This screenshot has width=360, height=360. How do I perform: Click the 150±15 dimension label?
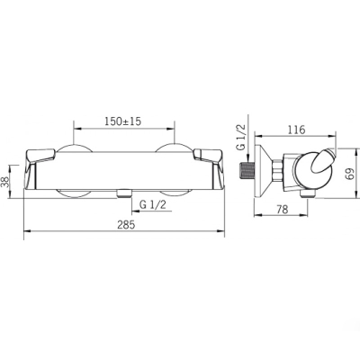coord(122,121)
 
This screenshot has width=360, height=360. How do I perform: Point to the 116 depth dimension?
coord(296,130)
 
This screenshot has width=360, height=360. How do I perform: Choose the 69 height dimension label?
coord(350,173)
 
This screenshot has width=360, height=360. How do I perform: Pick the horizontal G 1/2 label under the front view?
coord(153,205)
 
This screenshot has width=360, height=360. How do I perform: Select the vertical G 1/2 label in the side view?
coord(241,138)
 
